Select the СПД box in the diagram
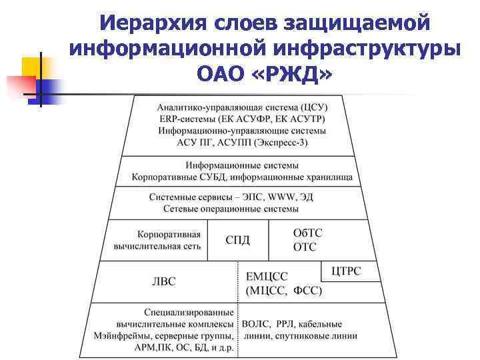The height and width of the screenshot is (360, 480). pos(238,240)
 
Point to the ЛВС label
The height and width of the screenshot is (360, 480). pos(163,281)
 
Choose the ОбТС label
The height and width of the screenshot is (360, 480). pos(308,233)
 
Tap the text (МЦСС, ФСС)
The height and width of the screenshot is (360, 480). pos(284,291)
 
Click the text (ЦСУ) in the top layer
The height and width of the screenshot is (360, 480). pos(313,107)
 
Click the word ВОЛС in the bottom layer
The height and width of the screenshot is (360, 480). pos(255,324)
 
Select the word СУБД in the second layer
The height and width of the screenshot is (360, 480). pos(222,177)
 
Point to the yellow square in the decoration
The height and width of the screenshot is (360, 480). pos(34,69)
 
